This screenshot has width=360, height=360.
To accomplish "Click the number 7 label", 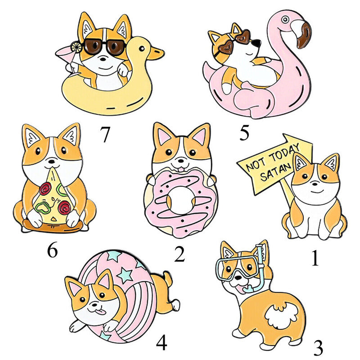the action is coord(105,134).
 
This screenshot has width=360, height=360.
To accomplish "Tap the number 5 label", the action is coord(244,133).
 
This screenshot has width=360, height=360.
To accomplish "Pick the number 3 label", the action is coord(318,347).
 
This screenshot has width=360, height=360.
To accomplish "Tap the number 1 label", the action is coord(315,258).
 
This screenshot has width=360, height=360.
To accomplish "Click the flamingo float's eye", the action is coord(285,19).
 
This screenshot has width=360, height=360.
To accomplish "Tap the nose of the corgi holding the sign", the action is coord(315,184).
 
